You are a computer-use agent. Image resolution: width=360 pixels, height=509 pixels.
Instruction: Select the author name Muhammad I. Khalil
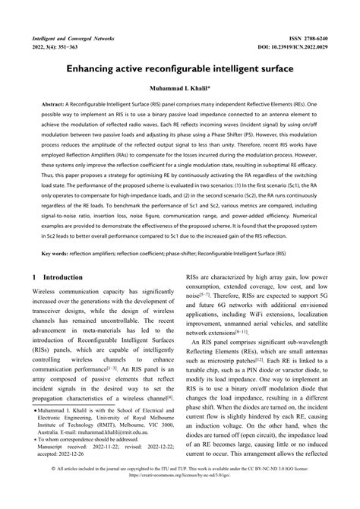(x=179, y=88)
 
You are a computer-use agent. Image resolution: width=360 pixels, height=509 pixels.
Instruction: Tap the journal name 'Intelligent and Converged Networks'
(x=72, y=36)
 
